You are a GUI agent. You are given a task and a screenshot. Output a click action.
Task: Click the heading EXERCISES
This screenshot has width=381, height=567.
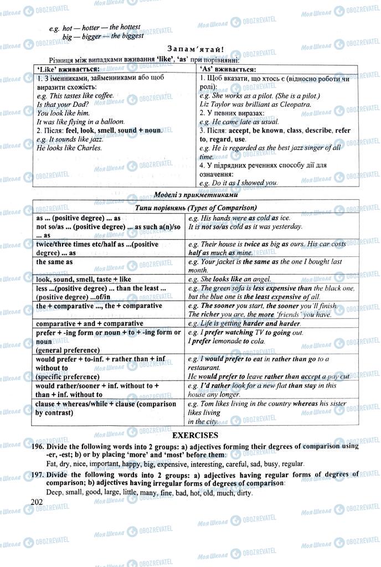(x=195, y=435)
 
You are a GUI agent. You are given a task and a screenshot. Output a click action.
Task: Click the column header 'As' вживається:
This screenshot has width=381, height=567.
(x=228, y=70)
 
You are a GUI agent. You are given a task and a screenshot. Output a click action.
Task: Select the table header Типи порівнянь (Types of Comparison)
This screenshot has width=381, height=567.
(x=195, y=208)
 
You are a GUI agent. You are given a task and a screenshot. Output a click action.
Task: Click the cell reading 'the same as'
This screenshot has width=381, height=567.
(x=55, y=262)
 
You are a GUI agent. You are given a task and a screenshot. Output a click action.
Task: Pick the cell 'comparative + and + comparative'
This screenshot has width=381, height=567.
(x=90, y=323)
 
